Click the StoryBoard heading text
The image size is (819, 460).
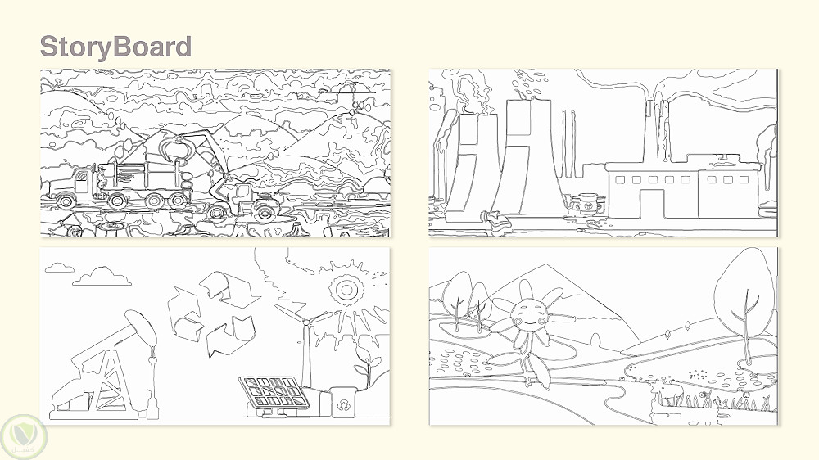tap(115, 46)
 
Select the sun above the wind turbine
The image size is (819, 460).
tap(346, 289)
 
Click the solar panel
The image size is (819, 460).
tap(274, 393)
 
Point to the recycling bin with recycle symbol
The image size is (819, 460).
tap(343, 402)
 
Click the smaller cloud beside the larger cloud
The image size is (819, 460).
tap(60, 268)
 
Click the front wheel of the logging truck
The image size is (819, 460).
tap(66, 201)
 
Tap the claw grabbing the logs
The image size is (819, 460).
tap(175, 148)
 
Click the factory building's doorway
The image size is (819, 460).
tap(653, 203)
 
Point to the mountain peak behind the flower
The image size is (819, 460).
tap(545, 266)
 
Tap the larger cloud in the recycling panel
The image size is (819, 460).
tap(102, 276)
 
